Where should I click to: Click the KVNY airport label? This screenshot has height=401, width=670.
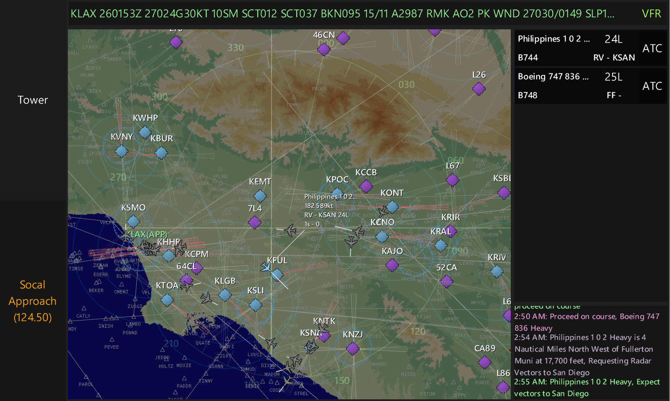pos(122,137)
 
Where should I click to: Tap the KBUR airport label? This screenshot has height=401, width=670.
pos(162,138)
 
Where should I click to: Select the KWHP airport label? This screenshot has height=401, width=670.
pos(145,118)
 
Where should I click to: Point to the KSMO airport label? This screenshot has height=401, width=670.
pos(133,207)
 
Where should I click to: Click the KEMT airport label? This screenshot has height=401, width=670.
pos(260,181)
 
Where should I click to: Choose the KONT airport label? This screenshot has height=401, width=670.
pos(392,193)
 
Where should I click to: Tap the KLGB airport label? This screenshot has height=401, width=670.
pos(225,281)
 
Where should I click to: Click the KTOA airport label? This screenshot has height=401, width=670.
pos(167,285)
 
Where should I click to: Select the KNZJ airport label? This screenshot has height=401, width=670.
pos(353,334)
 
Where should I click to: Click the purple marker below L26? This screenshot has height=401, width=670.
pos(479,89)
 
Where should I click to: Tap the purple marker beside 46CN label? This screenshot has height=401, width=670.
pos(343,38)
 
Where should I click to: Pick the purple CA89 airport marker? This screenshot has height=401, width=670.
pos(485,362)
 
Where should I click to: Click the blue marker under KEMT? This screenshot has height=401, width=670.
pos(260,196)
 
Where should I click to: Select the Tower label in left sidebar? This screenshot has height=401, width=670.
pos(33,100)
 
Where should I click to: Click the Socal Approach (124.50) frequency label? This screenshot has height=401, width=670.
pos(33,301)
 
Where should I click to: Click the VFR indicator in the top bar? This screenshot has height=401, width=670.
pos(651,14)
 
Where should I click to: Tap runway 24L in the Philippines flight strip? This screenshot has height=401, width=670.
pos(613,39)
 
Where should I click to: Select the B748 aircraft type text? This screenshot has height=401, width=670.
pos(528,95)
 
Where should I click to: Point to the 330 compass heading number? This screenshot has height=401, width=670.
pos(235,48)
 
